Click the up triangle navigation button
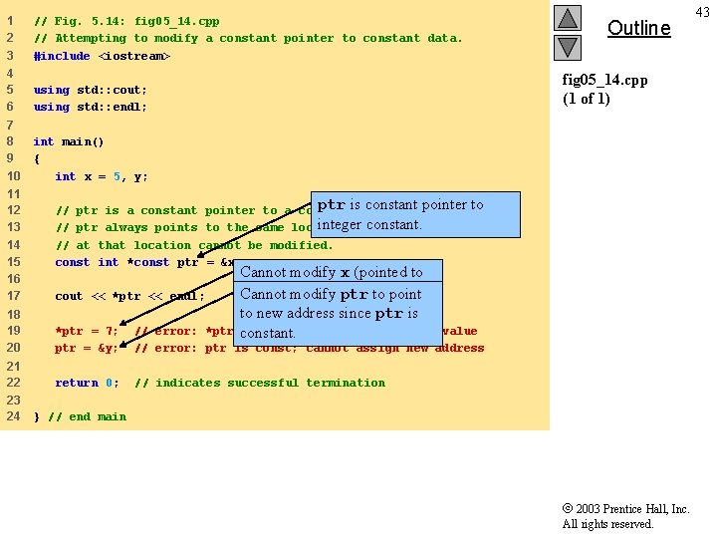[x=567, y=18]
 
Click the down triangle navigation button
[x=567, y=47]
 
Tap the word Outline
[x=638, y=28]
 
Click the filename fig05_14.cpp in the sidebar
[x=605, y=80]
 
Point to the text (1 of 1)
[x=587, y=98]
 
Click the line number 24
[x=14, y=416]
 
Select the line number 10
[x=14, y=176]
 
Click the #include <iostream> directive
[x=102, y=56]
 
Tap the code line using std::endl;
[x=90, y=107]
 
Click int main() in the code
[x=68, y=141]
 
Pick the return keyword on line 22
[x=77, y=383]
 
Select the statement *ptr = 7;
[x=87, y=331]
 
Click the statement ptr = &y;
[x=87, y=348]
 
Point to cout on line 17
[x=69, y=296]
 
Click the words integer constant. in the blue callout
[x=369, y=225]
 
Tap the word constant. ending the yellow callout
[x=268, y=334]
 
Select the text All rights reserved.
[x=607, y=524]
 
